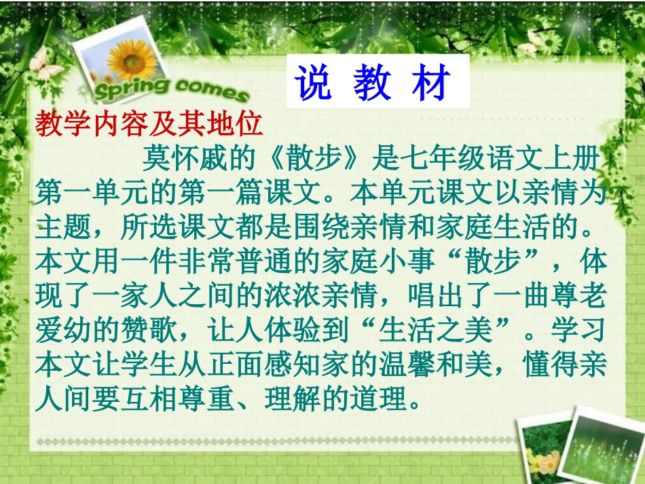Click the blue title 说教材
tap(373, 84)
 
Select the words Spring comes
tap(170, 88)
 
